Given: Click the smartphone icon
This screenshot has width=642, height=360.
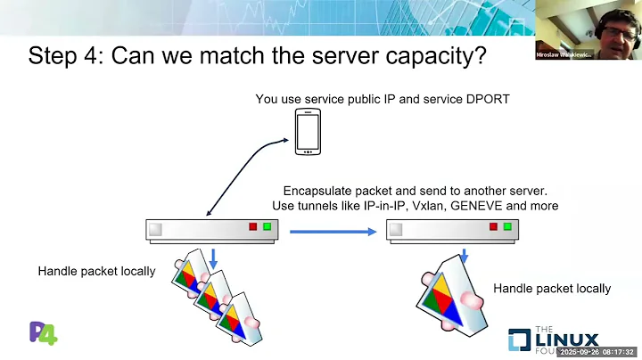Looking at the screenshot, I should (307, 132).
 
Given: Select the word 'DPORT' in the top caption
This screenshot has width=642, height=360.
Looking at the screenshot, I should (488, 99).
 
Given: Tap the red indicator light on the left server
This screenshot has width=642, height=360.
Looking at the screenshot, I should (252, 227).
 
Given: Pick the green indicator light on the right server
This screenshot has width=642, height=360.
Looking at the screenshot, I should (507, 227).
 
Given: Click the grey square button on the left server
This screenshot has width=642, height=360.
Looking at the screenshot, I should (155, 229).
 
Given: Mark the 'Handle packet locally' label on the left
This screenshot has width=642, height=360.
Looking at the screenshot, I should (96, 270).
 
